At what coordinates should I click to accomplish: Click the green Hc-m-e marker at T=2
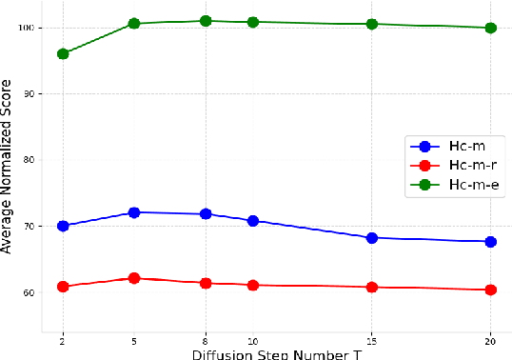pos(63,54)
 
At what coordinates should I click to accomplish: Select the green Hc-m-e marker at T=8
pos(206,21)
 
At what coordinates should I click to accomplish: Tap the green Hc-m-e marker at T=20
pos(491,29)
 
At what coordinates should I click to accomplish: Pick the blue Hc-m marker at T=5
pos(134,212)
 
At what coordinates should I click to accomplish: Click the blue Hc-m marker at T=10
pos(253,221)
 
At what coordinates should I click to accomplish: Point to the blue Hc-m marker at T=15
pos(372,238)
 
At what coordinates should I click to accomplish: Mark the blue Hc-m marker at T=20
pos(491,242)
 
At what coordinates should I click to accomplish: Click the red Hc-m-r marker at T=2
pos(63,287)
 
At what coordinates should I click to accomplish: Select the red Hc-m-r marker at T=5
pos(134,278)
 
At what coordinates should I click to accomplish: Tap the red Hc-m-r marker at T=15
pos(372,287)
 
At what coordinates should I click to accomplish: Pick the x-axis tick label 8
pos(206,341)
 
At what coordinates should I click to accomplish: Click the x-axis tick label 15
pos(372,341)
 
